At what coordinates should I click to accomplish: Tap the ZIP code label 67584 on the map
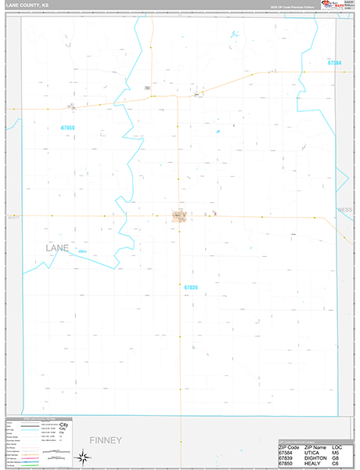(335, 63)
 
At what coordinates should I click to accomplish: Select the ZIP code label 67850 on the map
(68, 127)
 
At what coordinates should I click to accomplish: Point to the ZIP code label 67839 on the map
(191, 287)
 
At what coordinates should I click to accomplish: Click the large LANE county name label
(52, 248)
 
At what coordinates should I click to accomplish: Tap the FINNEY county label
(106, 440)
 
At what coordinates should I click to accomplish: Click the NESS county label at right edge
(344, 210)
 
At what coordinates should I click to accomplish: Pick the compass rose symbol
(81, 456)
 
